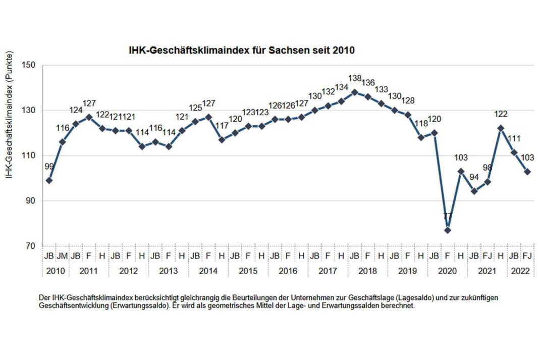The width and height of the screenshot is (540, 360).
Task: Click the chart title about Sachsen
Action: pos(242,50)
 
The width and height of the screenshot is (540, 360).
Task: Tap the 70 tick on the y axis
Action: pos(30,246)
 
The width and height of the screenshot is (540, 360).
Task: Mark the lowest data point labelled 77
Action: pos(447,230)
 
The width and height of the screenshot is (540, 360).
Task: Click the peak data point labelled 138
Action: pos(354,92)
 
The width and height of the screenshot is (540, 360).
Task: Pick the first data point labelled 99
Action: pos(49,180)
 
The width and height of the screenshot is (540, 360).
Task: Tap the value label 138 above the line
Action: pos(355,79)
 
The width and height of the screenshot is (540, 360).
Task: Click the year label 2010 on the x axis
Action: pos(56,271)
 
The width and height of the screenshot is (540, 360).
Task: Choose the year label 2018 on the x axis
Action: pos(367,271)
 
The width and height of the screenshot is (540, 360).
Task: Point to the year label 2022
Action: pos(521,271)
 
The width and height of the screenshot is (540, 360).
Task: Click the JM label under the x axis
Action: pos(62,256)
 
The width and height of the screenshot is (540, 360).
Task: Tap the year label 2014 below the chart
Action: pos(208,271)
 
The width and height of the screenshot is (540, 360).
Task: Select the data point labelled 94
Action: pos(474,191)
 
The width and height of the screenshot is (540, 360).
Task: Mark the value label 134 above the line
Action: pos(341,88)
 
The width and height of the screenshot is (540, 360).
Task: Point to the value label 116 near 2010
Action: pos(62,128)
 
